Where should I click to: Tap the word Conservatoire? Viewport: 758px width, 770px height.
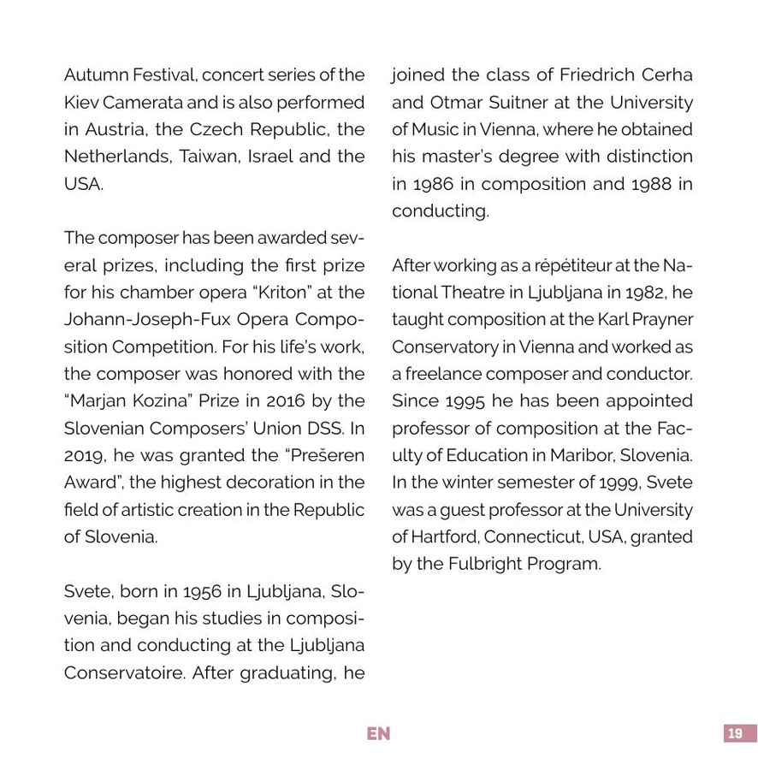coord(124,672)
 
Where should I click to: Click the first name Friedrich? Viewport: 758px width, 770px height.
coord(600,74)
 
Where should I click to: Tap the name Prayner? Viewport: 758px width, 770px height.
coord(657,320)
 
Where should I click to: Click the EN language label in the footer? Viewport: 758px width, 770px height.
coord(378,733)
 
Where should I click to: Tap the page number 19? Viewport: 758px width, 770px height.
coord(734,733)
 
